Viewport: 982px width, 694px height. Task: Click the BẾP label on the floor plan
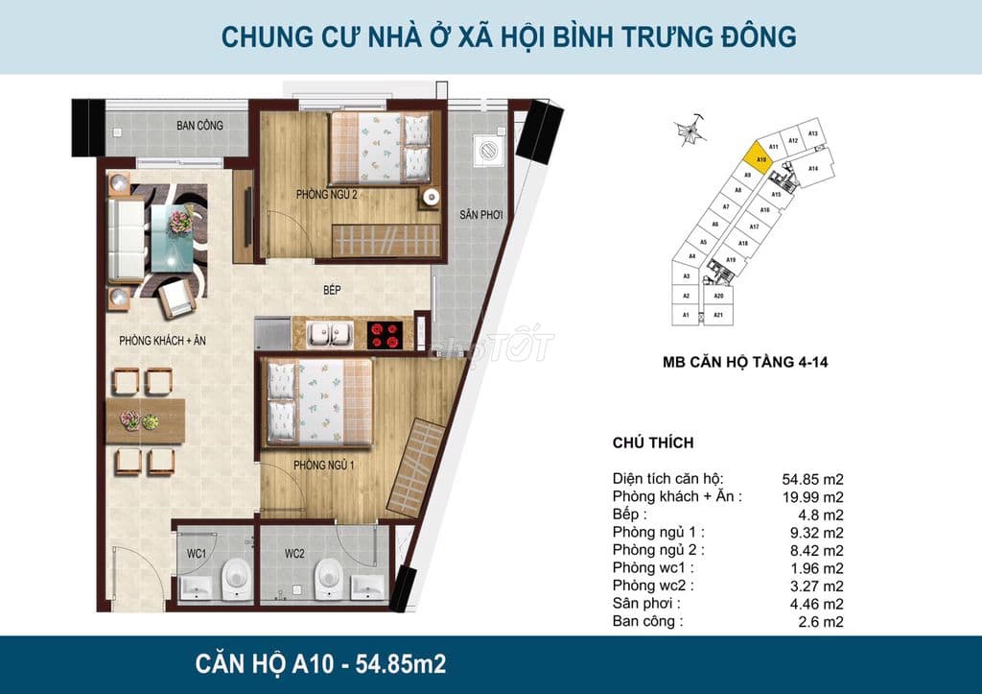point(333,289)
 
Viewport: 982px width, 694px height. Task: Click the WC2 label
point(293,553)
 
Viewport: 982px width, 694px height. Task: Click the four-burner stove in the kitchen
point(386,334)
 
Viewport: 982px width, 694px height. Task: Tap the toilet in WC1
point(234,578)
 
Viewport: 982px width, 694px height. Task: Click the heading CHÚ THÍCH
point(652,443)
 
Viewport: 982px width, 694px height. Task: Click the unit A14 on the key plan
point(813,169)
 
